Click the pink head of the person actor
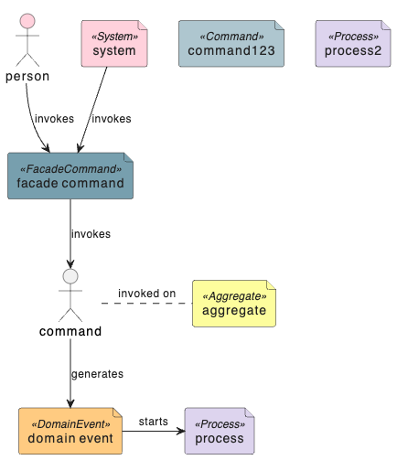click(x=27, y=21)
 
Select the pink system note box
click(x=114, y=44)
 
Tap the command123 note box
click(x=231, y=44)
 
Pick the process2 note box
click(x=353, y=44)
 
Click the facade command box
click(x=70, y=176)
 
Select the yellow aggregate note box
click(x=234, y=304)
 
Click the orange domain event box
click(x=70, y=431)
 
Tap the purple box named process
click(x=220, y=431)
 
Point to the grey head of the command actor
click(x=70, y=276)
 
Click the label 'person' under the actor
click(x=27, y=77)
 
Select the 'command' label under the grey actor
click(x=70, y=331)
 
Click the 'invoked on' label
click(x=147, y=294)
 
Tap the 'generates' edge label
click(x=97, y=374)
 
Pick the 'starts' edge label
click(x=154, y=422)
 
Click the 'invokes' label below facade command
click(x=91, y=234)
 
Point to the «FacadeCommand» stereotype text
click(x=70, y=169)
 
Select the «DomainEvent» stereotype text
click(x=70, y=424)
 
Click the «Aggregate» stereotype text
click(x=234, y=296)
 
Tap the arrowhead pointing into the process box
click(x=181, y=431)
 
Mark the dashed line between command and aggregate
click(x=147, y=304)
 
